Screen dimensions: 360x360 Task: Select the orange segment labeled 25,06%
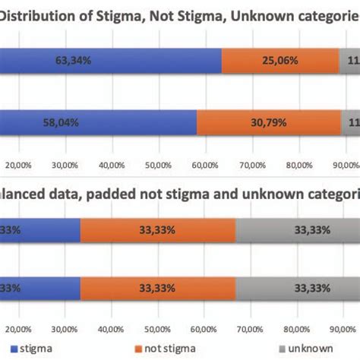point(280,60)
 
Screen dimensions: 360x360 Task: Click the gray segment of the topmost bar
point(349,60)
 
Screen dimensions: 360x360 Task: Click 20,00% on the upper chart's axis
point(18,164)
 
